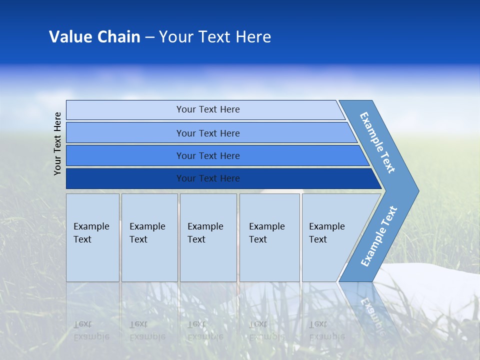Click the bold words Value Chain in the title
point(94,36)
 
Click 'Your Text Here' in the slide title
point(215,36)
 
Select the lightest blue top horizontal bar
point(205,109)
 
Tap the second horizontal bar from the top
point(211,132)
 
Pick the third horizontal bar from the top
point(217,155)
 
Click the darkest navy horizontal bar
point(224,178)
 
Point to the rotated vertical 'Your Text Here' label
point(57,143)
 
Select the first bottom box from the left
point(93,237)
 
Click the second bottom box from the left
point(149,237)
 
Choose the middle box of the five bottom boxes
point(208,237)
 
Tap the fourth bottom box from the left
point(269,237)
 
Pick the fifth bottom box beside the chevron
point(330,237)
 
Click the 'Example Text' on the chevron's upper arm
point(377,142)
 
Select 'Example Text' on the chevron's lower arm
point(379,236)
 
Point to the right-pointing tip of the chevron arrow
point(419,191)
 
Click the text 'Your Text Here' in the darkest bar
point(208,178)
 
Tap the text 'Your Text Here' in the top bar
point(208,109)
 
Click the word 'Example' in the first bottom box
point(91,226)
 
